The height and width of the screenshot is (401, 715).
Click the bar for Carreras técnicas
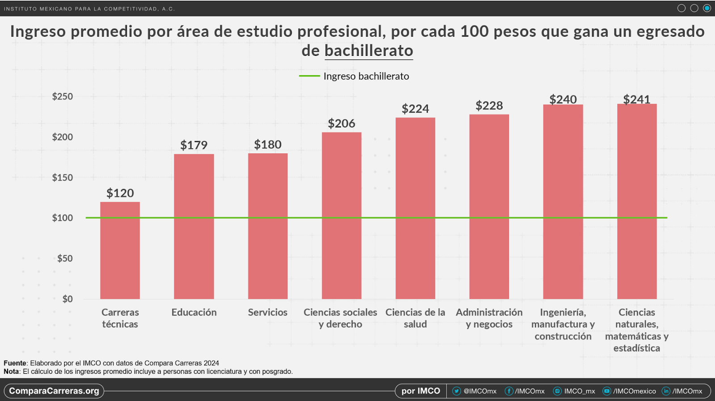tap(120, 250)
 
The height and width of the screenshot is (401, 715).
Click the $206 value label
tap(341, 123)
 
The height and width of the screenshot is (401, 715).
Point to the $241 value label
tap(636, 99)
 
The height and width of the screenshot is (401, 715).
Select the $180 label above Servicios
tap(268, 144)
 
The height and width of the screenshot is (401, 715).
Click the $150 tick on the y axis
tap(62, 177)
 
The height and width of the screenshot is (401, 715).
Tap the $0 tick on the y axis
tap(67, 299)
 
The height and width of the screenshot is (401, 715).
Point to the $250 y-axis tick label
tap(62, 97)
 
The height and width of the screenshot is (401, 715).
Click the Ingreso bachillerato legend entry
tap(354, 76)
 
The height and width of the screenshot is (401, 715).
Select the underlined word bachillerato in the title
tap(369, 51)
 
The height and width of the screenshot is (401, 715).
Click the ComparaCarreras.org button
tap(54, 391)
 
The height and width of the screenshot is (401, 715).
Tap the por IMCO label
tap(421, 391)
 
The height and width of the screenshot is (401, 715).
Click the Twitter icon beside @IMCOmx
tap(456, 391)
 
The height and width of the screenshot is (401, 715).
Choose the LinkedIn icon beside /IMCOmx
tap(666, 391)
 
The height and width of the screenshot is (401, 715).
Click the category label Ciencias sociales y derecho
tap(340, 318)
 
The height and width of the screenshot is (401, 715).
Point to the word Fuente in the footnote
tap(15, 363)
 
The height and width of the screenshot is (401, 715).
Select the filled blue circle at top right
tap(707, 8)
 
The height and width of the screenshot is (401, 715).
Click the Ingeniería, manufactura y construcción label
tap(563, 324)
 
